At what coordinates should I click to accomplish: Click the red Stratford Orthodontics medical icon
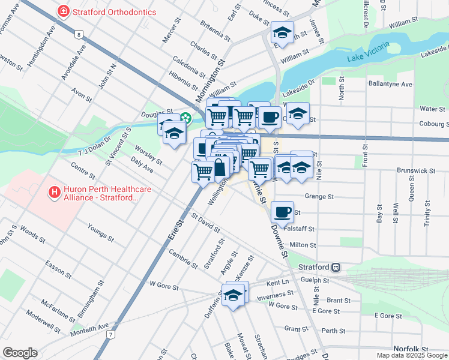pos(62,11)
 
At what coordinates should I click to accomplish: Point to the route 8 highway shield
pos(79,34)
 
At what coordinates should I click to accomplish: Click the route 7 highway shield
pos(110,333)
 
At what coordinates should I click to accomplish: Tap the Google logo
pos(19,353)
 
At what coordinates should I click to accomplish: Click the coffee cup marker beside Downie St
pos(282,211)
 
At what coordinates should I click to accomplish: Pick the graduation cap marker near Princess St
pos(282,32)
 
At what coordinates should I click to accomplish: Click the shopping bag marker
pos(220,167)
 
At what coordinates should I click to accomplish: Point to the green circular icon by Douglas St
pos(186,118)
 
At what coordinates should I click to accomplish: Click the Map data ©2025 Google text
pos(412,355)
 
